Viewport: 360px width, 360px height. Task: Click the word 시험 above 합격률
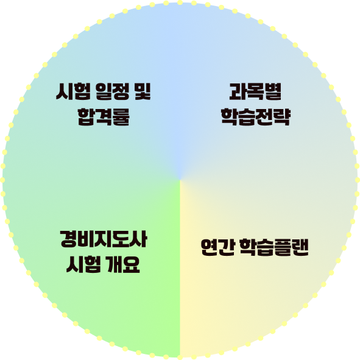tap(73, 91)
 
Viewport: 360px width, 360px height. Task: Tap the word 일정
tap(113, 91)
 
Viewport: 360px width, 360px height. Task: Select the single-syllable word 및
tap(143, 91)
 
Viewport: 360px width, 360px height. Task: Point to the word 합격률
tap(104, 116)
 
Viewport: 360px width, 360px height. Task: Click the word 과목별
tap(255, 91)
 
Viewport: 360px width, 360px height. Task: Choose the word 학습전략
tap(256, 116)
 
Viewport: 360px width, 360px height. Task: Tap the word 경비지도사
tap(104, 239)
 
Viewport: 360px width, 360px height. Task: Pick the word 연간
tap(217, 247)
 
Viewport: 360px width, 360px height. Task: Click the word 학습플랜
tap(274, 247)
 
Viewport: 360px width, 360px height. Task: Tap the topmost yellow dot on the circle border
tap(180, 2)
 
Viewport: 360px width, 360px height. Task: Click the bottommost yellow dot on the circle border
tap(180, 357)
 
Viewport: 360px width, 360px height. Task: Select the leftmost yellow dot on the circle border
tap(2, 180)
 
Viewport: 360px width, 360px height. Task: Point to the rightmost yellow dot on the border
tap(357, 180)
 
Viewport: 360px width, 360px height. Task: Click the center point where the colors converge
tap(180, 180)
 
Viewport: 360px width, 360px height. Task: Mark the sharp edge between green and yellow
tap(180, 269)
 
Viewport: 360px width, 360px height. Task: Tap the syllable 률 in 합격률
tap(121, 116)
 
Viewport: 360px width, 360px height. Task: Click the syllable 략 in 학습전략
tap(282, 116)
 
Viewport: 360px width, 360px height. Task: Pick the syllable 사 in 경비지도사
tap(138, 239)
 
